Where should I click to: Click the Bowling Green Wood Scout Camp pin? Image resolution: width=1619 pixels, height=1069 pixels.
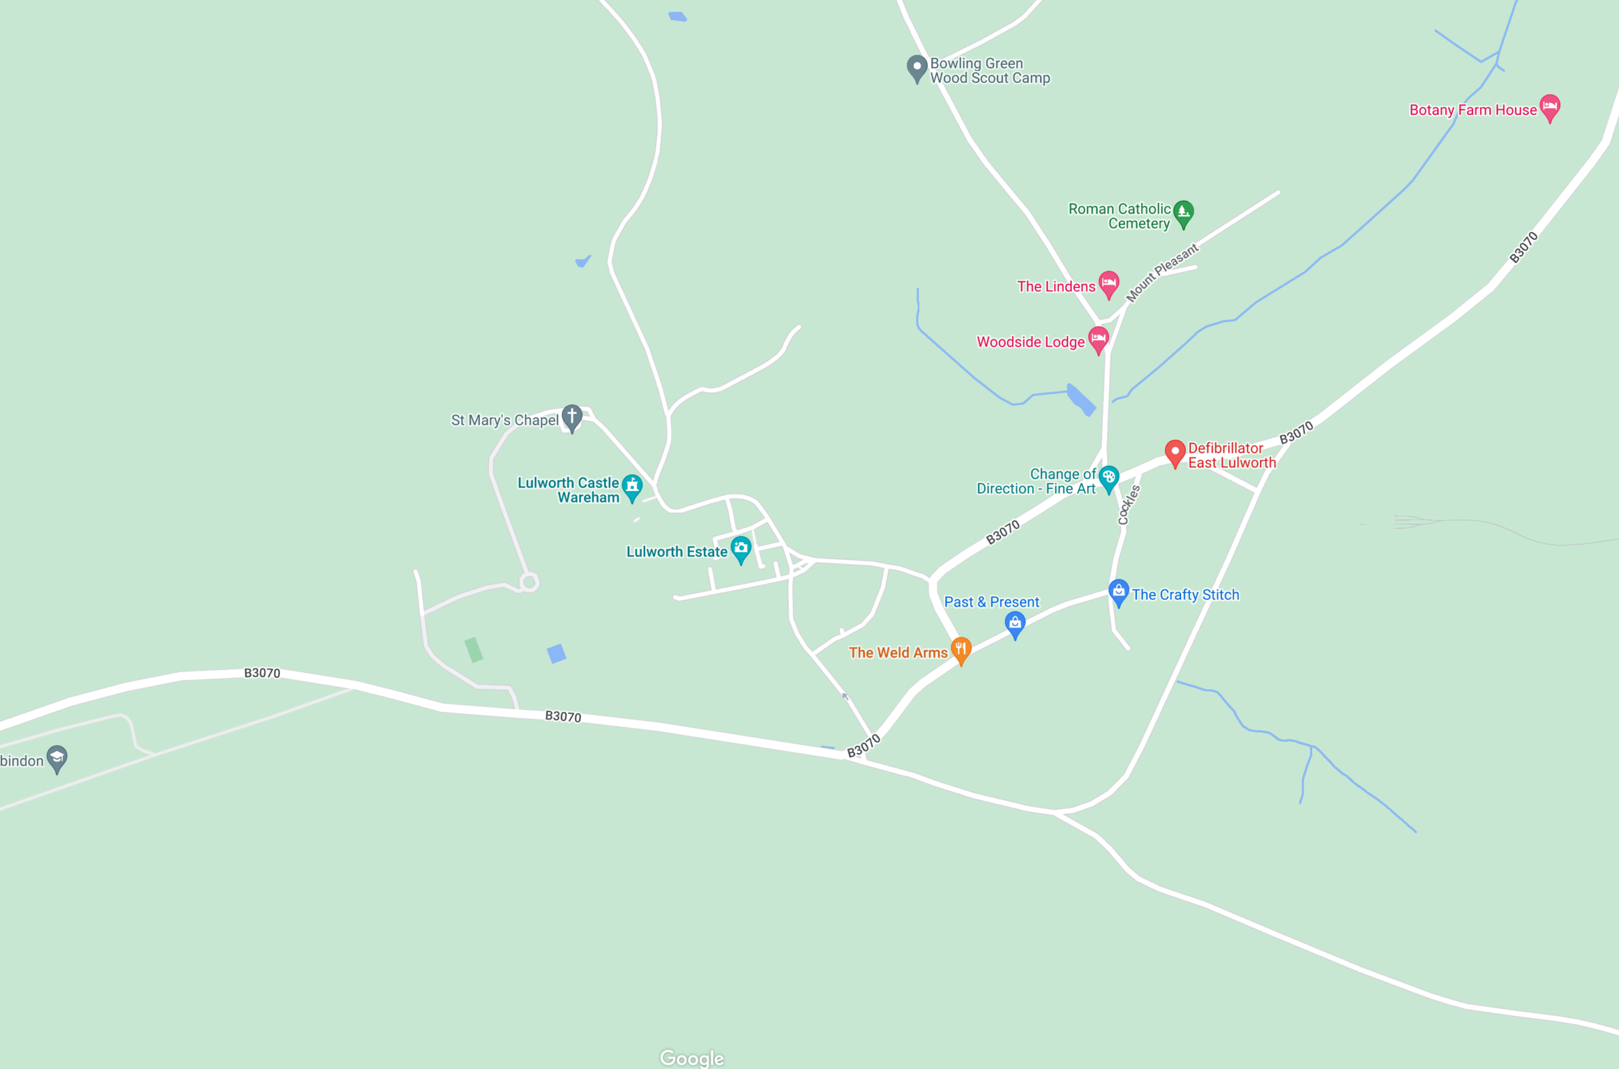coord(916,67)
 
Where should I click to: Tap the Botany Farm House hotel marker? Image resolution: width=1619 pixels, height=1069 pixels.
coord(1549,106)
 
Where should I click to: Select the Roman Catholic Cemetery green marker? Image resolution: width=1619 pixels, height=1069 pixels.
coord(1183,212)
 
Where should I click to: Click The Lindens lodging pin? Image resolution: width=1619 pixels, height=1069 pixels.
coord(1109,283)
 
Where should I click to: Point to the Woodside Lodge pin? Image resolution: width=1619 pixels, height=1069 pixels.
coord(1098,338)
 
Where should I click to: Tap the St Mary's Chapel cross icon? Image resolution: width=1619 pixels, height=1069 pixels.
coord(572,416)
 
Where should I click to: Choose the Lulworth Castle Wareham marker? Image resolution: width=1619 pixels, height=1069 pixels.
coord(632,486)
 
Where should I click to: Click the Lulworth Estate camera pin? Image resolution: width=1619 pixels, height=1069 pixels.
coord(741,548)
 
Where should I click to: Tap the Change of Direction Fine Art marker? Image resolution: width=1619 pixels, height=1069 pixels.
coord(1108,477)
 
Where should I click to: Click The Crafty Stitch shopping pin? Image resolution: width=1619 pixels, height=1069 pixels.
coord(1118,591)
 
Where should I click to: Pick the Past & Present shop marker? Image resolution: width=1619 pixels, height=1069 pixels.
coord(1015,623)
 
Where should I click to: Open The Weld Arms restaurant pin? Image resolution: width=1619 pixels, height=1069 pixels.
coord(961,648)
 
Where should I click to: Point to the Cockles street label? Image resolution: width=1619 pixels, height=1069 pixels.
coord(1128,504)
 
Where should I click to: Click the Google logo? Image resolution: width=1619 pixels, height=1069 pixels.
coord(692,1058)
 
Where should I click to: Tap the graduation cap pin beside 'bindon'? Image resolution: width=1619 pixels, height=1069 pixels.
coord(57,757)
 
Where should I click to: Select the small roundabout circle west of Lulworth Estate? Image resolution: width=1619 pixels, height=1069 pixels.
coord(529,582)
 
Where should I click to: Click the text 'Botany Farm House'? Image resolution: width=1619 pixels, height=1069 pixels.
coord(1473,110)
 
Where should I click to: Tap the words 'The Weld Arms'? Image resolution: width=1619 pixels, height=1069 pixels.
coord(898,653)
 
